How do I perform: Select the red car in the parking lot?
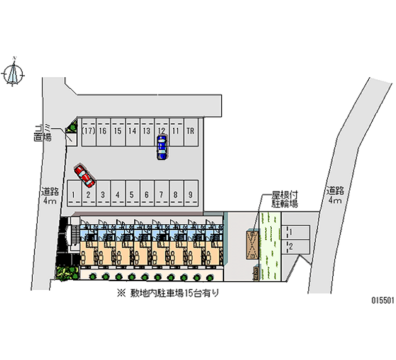pyautogui.click(x=84, y=176)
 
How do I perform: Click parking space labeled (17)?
pyautogui.click(x=89, y=132)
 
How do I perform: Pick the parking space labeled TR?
pyautogui.click(x=190, y=132)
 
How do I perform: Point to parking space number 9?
pyautogui.click(x=191, y=195)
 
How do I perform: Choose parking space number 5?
pyautogui.click(x=132, y=195)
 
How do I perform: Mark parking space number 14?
pyautogui.click(x=132, y=132)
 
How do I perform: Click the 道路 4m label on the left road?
pyautogui.click(x=51, y=196)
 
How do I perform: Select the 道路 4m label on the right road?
pyautogui.click(x=335, y=195)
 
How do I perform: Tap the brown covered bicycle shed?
pyautogui.click(x=251, y=245)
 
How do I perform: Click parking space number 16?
pyautogui.click(x=103, y=132)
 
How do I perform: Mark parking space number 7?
pyautogui.click(x=161, y=195)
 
